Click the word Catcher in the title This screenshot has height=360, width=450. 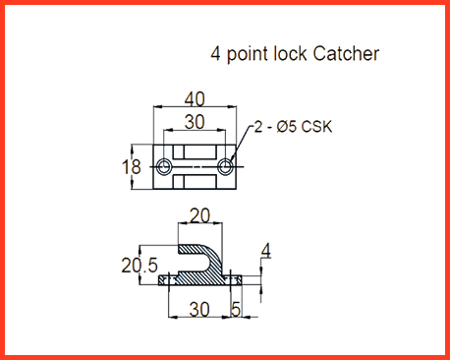346,53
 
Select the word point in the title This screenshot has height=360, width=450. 248,55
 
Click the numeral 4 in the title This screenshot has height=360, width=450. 215,53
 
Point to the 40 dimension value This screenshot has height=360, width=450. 195,99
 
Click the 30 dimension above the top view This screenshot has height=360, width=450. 195,122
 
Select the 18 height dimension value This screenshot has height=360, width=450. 131,166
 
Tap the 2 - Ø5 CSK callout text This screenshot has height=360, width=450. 293,127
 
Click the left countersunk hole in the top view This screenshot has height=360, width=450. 163,167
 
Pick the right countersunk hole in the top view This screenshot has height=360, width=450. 225,167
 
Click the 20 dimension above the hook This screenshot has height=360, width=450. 199,215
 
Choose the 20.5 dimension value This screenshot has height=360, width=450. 140,266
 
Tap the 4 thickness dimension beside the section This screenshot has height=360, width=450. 266,251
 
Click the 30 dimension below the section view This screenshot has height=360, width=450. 199,309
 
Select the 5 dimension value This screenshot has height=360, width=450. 236,309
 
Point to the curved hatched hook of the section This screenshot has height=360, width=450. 213,259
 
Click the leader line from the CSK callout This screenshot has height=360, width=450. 241,144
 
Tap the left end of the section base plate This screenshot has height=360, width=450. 159,280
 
